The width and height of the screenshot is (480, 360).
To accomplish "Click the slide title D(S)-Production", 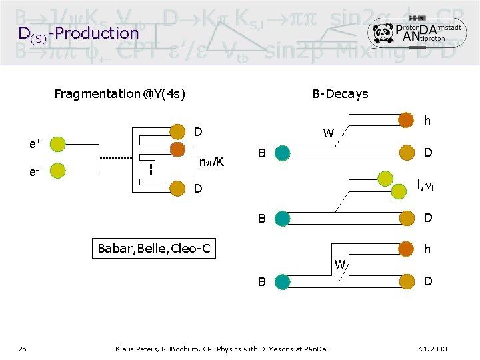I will point(78,33).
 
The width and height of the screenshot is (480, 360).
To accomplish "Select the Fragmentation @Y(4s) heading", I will point(119,94).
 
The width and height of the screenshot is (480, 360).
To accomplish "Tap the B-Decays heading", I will point(340,94).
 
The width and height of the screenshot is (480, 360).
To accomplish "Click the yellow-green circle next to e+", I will point(58,143).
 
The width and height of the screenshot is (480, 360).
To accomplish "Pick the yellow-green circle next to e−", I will point(58,171).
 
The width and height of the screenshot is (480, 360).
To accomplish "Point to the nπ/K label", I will point(212,161).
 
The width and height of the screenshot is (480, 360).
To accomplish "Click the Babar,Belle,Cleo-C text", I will point(154,249).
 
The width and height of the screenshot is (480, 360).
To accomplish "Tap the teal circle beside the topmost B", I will point(282,153).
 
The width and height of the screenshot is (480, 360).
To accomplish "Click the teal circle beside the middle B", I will point(282,217).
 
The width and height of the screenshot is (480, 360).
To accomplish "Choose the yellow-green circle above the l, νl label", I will point(386,178).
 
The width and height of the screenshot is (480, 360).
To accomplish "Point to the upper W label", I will point(329,133).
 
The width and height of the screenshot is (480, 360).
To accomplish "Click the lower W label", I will point(340,265).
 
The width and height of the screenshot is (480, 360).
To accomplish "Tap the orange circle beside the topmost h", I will point(405,120).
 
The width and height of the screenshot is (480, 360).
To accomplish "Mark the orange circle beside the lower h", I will point(405,249).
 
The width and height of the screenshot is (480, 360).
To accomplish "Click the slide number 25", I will point(22,349).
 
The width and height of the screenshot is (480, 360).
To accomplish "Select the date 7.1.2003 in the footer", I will point(431,349).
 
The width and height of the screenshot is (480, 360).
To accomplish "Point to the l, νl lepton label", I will point(425,185).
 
